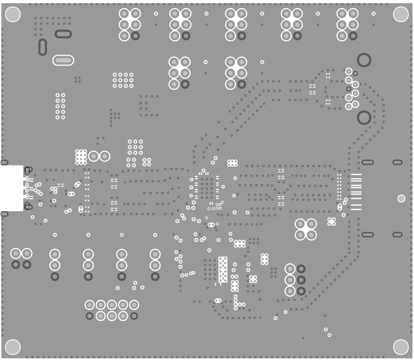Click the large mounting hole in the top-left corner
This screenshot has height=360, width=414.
tap(12, 15)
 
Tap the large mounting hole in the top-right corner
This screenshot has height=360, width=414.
tap(400, 15)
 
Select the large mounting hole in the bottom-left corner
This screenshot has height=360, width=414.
tap(12, 346)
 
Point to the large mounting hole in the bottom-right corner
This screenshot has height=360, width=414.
tap(400, 346)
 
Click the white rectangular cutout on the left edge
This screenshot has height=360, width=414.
tap(11, 188)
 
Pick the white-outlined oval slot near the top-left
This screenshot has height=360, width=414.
tap(63, 60)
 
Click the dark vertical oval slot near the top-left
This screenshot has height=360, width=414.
tap(42, 47)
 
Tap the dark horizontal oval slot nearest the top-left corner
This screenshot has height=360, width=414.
tap(63, 34)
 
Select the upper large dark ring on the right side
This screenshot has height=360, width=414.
tap(364, 60)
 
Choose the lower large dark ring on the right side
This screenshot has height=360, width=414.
tap(364, 117)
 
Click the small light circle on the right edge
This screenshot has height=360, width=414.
tap(401, 199)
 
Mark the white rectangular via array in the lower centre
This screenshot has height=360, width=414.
tap(223, 269)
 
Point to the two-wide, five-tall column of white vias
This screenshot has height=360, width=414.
tap(60, 106)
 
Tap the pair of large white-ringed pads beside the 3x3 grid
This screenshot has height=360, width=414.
tap(99, 156)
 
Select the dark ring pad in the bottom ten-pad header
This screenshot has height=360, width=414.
tap(89, 316)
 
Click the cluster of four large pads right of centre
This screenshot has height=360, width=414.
tap(306, 229)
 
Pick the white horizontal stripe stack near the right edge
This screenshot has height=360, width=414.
tap(356, 192)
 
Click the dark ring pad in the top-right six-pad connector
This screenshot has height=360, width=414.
tap(353, 36)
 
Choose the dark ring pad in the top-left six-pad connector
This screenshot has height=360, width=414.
tap(135, 36)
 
